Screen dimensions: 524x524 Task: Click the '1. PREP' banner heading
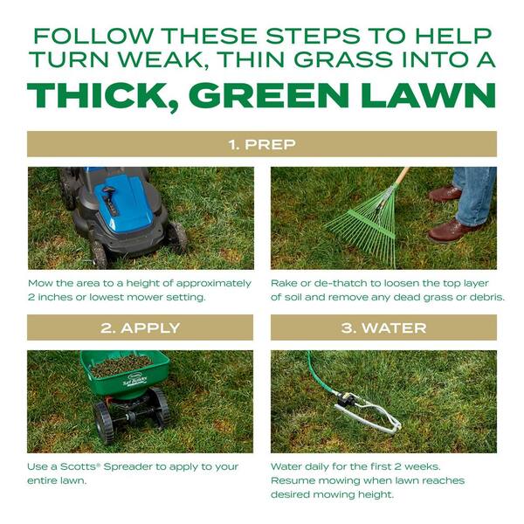coord(261,144)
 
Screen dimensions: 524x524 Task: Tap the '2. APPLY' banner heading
coord(141,327)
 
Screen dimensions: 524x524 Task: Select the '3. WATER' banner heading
coord(383,327)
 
